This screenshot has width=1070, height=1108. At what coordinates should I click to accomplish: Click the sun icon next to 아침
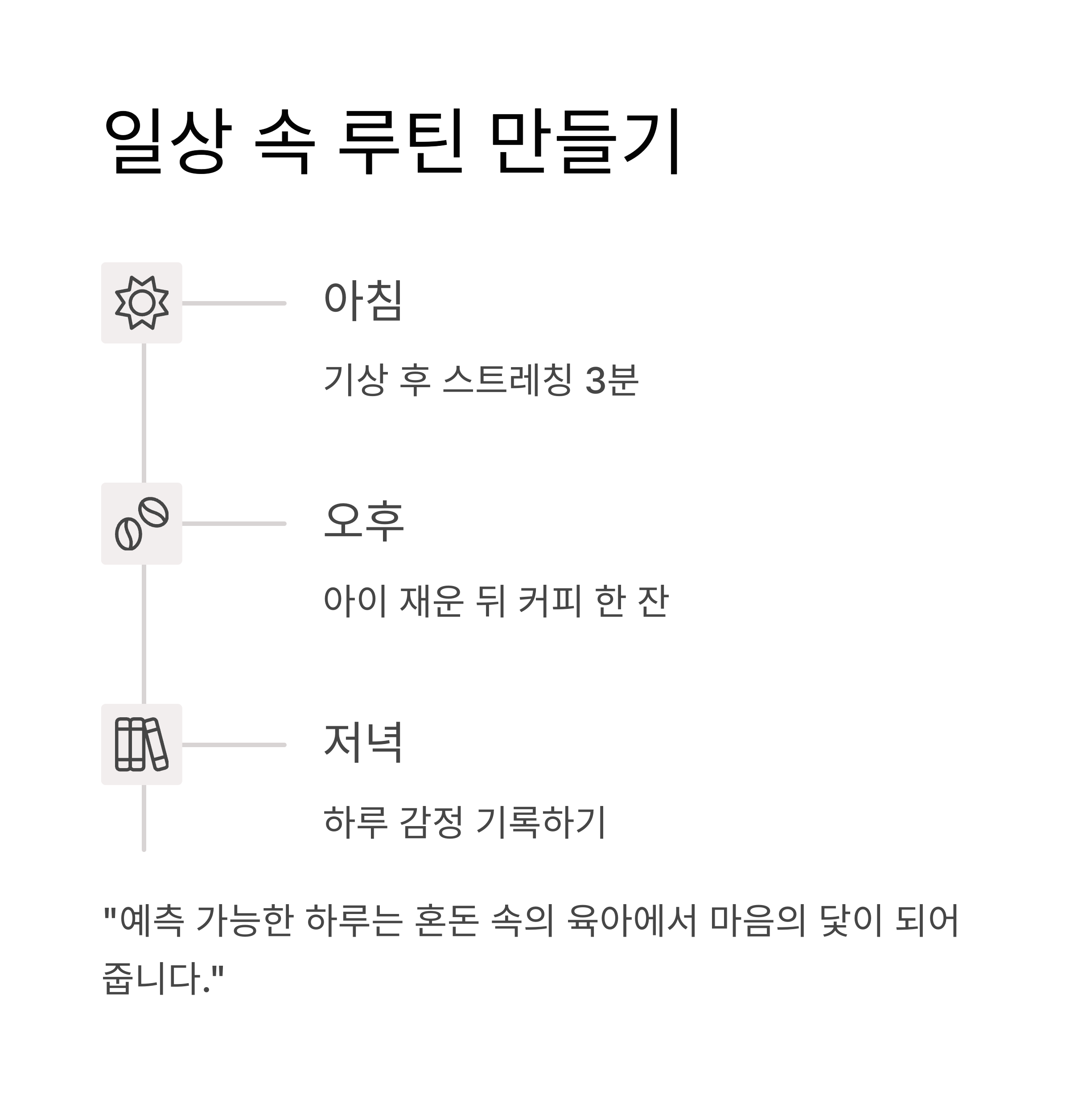coord(142,303)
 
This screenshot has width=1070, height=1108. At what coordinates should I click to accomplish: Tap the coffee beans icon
coord(142,524)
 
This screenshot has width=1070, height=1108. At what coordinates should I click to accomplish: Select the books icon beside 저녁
coord(142,744)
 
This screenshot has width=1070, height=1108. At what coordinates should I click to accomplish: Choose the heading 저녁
coord(363,742)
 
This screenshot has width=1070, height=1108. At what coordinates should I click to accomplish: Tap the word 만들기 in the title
coord(585,141)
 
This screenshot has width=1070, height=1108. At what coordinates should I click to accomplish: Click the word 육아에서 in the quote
coord(632,921)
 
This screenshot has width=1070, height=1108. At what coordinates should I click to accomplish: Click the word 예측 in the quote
coord(152,921)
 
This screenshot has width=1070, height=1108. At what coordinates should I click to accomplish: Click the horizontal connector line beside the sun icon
coord(234,303)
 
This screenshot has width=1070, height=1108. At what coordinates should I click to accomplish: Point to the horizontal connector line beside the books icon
coord(234,744)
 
